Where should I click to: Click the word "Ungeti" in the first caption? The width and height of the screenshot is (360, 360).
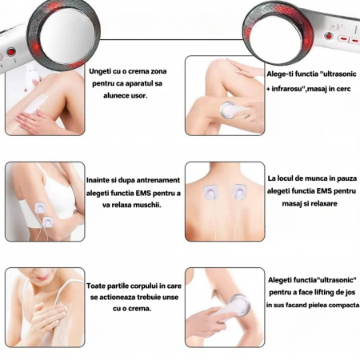coord(102,71)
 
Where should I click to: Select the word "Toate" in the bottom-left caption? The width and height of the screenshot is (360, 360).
coord(100,284)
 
